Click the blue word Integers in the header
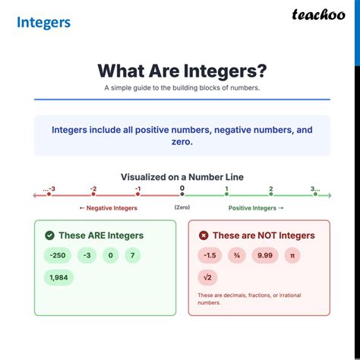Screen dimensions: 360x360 (43, 21)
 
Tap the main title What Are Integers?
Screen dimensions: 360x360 (182, 71)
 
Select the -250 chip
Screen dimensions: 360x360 (56, 256)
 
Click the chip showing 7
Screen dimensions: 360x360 (132, 256)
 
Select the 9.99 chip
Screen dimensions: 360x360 (266, 256)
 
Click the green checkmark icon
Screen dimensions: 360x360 (49, 235)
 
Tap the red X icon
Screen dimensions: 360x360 (203, 235)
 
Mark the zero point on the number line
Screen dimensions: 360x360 (182, 195)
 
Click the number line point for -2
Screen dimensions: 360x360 (93, 195)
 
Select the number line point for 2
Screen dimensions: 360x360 (270, 195)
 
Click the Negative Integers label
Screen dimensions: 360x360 (108, 207)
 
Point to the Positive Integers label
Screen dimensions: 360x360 (256, 207)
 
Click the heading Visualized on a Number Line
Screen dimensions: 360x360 (182, 177)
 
